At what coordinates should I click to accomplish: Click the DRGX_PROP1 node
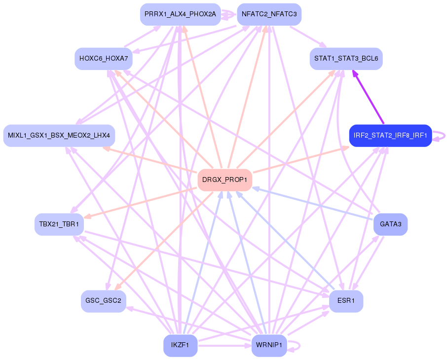click(224, 180)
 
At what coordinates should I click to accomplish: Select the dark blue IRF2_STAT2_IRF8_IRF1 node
click(390, 136)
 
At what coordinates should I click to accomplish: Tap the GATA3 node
click(390, 224)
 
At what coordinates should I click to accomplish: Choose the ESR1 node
click(346, 301)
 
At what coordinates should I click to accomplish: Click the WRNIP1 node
click(269, 345)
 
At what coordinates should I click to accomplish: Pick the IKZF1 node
click(180, 345)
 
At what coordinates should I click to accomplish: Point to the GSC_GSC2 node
click(103, 301)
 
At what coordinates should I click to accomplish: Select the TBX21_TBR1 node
click(59, 224)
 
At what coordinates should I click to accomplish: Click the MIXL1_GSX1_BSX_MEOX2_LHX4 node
click(59, 136)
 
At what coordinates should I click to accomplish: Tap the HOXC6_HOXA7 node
click(103, 59)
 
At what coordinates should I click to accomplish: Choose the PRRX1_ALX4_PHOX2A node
click(180, 14)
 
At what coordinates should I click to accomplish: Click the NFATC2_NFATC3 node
click(269, 14)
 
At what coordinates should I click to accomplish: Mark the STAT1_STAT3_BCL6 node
click(346, 59)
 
